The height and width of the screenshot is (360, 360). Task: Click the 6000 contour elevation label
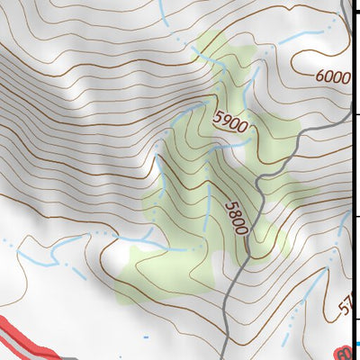tap(333, 77)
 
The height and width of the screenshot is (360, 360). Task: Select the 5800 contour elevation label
tap(236, 217)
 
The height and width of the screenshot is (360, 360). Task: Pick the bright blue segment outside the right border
tap(358, 344)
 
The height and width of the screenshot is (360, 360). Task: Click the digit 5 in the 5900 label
tap(219, 113)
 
